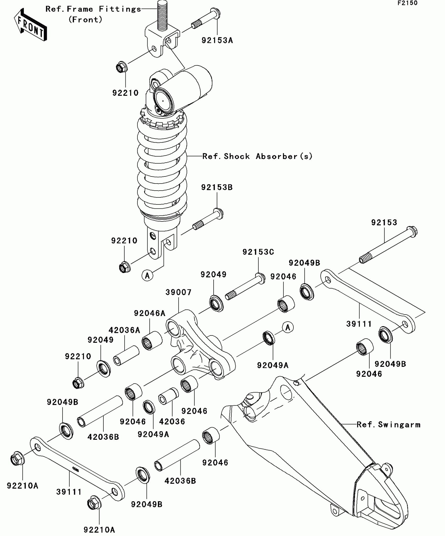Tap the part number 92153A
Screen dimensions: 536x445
(217, 40)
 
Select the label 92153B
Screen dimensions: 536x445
(217, 187)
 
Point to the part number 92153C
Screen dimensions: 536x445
(258, 252)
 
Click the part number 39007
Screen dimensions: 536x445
(179, 292)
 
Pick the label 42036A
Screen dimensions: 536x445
(124, 330)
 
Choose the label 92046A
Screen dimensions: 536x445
(150, 313)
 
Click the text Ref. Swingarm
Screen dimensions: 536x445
(388, 425)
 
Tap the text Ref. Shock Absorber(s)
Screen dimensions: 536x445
(258, 156)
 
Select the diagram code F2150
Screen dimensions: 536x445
(408, 3)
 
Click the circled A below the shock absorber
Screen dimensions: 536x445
(147, 275)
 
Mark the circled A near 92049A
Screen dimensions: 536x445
(288, 327)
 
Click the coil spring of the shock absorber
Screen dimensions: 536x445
(162, 167)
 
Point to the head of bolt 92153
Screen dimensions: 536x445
(412, 232)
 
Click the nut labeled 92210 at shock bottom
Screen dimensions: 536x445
(124, 267)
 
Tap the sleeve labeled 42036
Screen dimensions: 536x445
(168, 396)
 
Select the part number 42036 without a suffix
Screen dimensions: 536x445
(172, 421)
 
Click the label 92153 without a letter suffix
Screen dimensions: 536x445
(384, 223)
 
